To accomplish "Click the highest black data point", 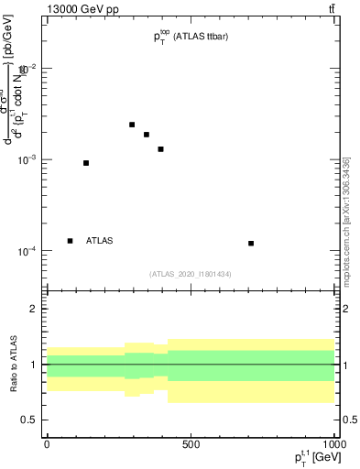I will point(132,125).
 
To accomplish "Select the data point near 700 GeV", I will point(251,243).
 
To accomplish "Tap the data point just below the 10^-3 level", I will point(86,163).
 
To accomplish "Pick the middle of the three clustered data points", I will point(147,135).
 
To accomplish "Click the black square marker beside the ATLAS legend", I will point(71,241).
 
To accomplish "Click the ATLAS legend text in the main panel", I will point(100,241).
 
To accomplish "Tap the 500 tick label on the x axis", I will point(191,444).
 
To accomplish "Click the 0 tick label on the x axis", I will point(47,444).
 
